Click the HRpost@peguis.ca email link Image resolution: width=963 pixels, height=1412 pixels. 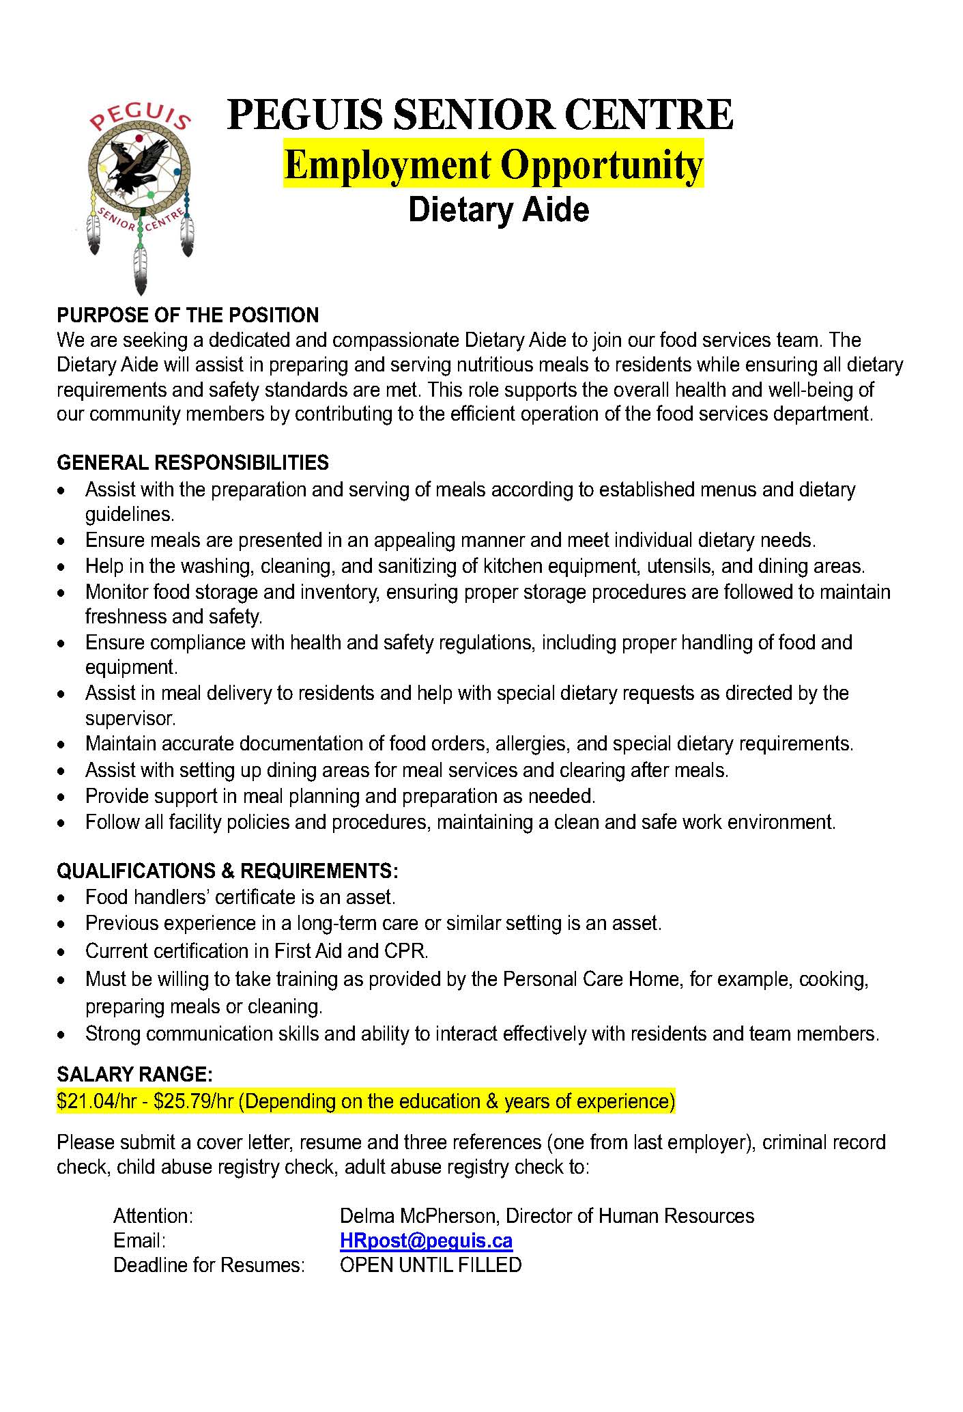click(426, 1241)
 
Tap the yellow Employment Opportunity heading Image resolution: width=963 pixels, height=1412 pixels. click(493, 164)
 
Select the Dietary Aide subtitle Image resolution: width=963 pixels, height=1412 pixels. click(498, 210)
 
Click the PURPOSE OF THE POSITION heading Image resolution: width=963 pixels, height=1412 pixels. click(188, 315)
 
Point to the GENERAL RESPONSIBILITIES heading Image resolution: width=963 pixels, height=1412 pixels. click(192, 463)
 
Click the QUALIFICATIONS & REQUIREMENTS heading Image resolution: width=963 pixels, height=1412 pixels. click(227, 871)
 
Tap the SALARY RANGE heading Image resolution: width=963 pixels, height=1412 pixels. click(135, 1075)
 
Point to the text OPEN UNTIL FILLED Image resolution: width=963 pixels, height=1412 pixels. click(431, 1265)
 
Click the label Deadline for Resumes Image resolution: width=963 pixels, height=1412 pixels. click(209, 1265)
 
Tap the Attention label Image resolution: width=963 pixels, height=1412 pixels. click(154, 1216)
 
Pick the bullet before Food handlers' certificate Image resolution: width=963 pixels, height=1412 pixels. click(63, 899)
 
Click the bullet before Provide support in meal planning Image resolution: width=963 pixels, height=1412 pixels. click(63, 797)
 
